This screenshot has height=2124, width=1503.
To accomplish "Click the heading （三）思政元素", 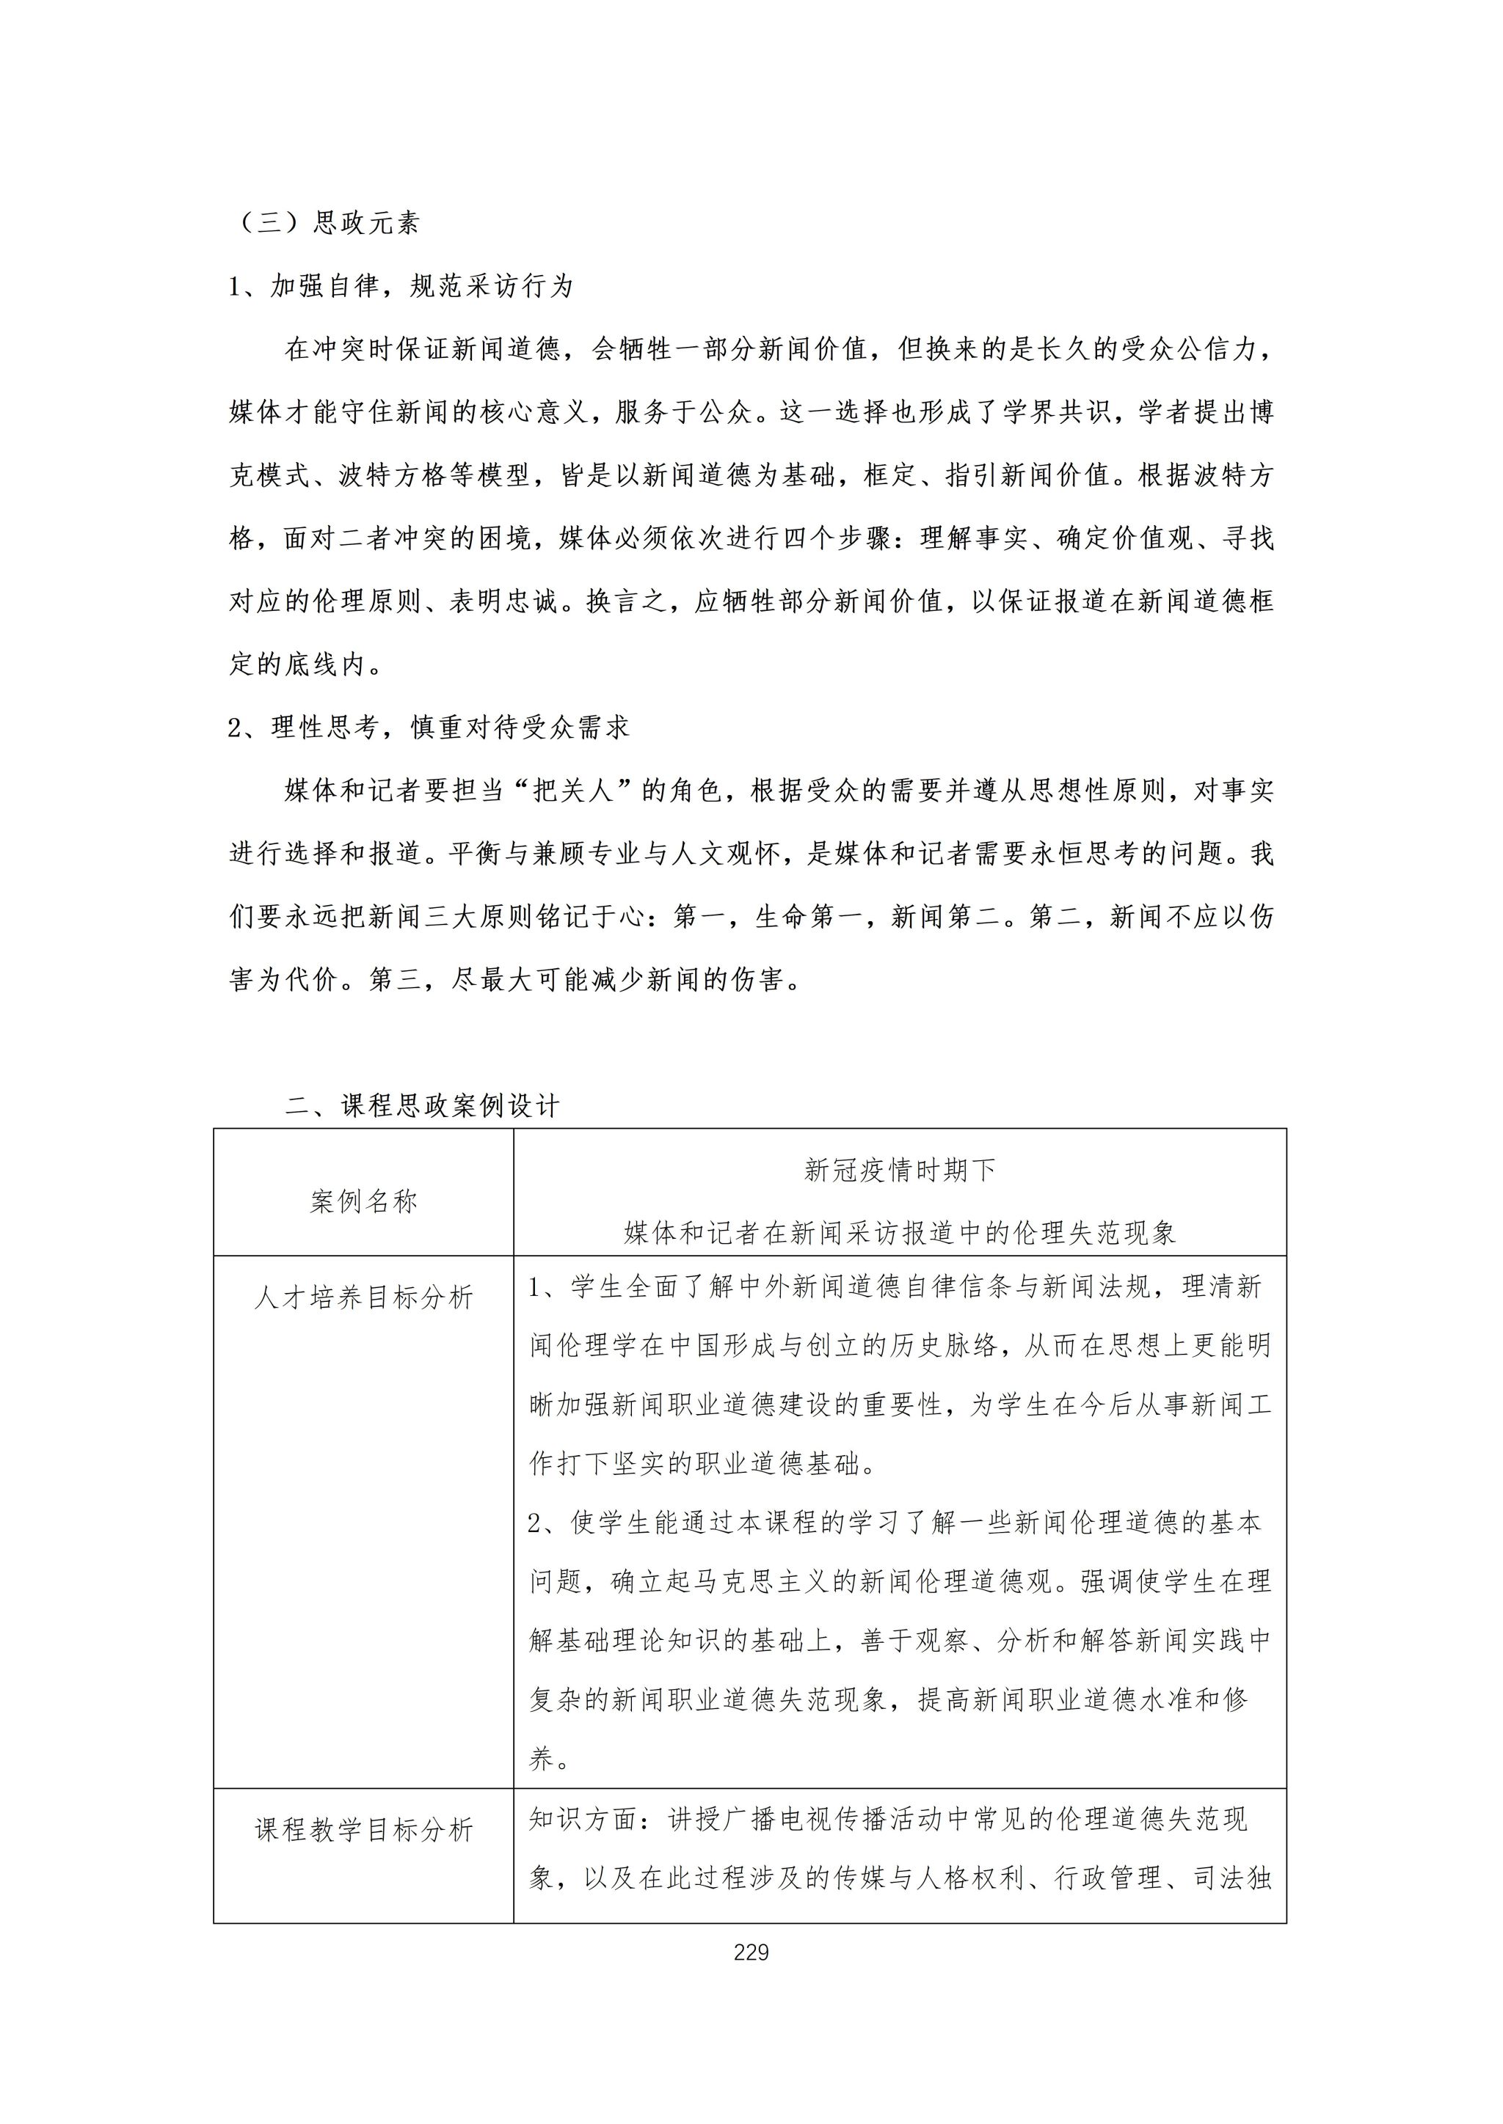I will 326,223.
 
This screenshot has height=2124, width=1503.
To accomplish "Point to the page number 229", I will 751,1953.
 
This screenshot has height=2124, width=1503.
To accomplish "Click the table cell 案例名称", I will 364,1201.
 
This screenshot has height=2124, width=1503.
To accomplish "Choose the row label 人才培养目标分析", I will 364,1297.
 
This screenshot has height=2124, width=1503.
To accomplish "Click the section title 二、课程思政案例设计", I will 423,1107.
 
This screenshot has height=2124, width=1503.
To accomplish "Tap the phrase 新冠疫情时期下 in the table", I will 900,1171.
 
